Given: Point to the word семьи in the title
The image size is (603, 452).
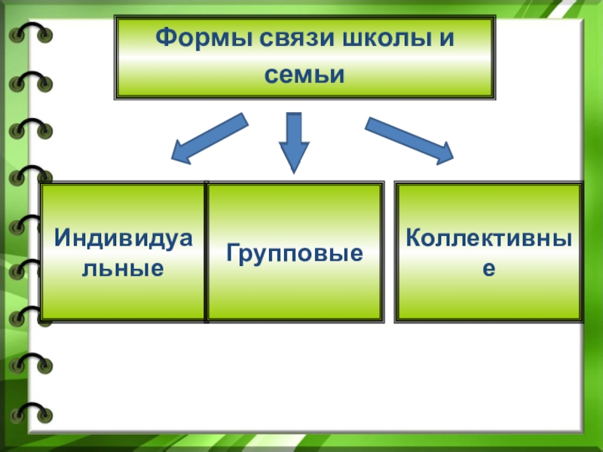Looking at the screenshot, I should pyautogui.click(x=305, y=75).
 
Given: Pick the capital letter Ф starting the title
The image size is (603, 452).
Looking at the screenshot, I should pyautogui.click(x=164, y=38).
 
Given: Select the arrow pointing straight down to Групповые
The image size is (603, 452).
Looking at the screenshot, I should pyautogui.click(x=294, y=139).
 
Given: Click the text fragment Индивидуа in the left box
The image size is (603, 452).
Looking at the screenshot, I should pyautogui.click(x=123, y=238).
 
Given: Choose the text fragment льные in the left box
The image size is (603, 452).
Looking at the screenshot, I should pyautogui.click(x=123, y=267).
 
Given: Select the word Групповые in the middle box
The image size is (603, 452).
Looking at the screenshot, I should pyautogui.click(x=293, y=253).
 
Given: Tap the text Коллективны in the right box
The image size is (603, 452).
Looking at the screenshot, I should pyautogui.click(x=488, y=238).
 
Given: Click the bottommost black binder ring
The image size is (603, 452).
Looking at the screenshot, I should pyautogui.click(x=30, y=413).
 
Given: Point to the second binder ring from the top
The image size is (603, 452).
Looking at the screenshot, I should pyautogui.click(x=30, y=81).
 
